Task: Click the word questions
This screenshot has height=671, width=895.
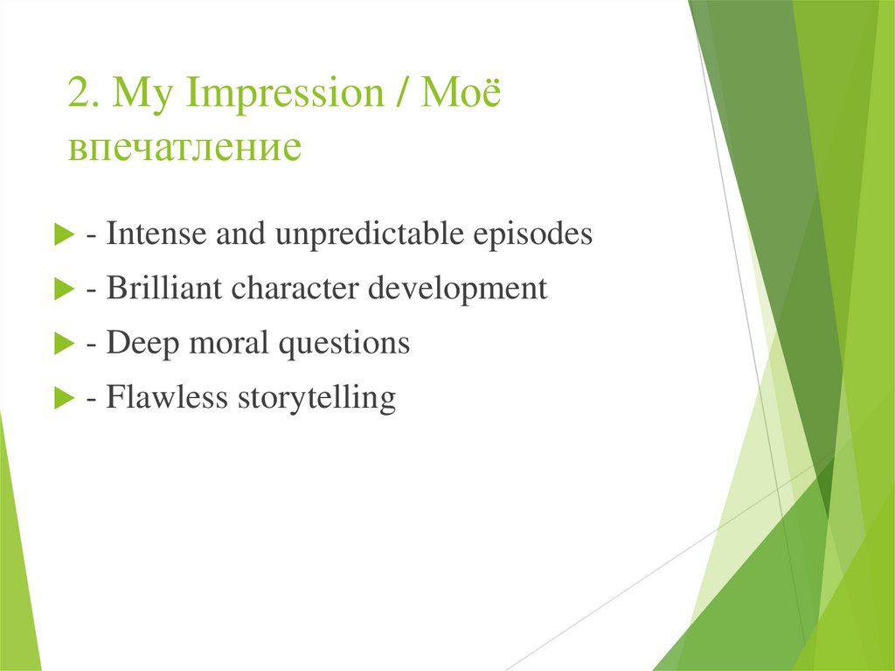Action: click(343, 344)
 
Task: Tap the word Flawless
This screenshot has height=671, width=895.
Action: click(163, 397)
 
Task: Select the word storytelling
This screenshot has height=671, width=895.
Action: click(316, 398)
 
